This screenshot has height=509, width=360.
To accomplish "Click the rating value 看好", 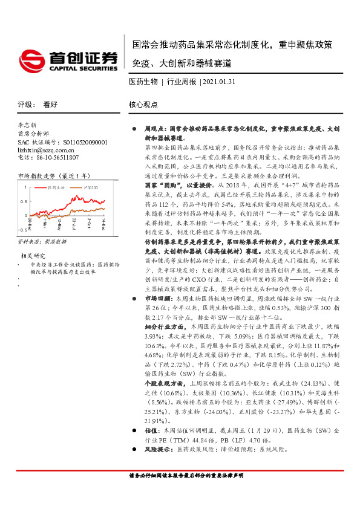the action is coord(50,104).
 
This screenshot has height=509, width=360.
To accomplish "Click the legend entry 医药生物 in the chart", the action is coord(56,188).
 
